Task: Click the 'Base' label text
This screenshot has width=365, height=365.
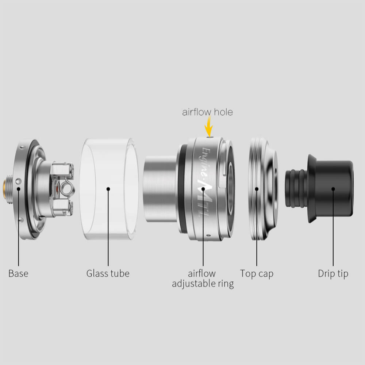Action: [18, 273]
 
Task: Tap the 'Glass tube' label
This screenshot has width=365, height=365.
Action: [108, 273]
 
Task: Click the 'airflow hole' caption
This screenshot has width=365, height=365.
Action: [207, 112]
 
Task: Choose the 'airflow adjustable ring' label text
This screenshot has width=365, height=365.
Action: [203, 279]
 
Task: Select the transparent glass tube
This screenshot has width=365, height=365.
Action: [109, 189]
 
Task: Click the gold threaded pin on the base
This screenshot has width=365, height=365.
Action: [5, 189]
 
